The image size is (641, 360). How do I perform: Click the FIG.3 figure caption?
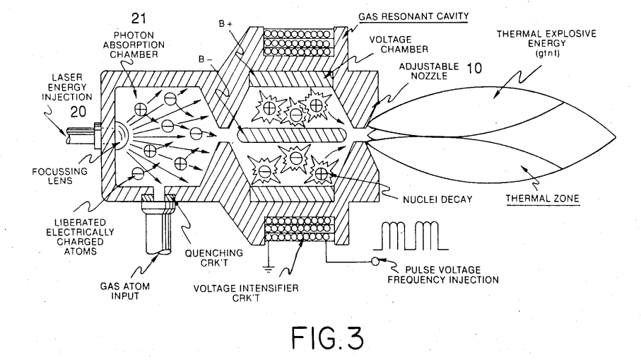pos(327,337)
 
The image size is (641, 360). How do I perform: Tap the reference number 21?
pos(139,18)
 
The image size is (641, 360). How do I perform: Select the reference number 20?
pos(78,112)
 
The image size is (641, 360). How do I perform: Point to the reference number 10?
pos(474,68)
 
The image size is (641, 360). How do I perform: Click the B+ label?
pos(225,24)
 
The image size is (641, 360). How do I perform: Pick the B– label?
pos(206,59)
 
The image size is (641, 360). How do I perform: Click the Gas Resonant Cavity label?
pos(413,16)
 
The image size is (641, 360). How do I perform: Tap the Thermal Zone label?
pos(543,199)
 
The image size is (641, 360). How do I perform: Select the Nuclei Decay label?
pos(437,199)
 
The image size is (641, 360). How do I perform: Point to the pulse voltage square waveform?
pos(411,236)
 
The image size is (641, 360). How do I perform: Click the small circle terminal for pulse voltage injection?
pos(375,262)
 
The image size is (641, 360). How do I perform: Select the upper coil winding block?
pos(298,42)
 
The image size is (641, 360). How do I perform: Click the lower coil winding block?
pos(299,228)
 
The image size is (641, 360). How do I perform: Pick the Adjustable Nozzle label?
pos(429,71)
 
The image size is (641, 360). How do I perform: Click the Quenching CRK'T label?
pos(214,258)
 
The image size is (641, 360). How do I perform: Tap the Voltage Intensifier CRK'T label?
pos(246,294)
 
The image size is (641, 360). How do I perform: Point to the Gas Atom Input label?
pos(125,291)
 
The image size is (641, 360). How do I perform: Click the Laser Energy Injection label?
pos(67,87)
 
